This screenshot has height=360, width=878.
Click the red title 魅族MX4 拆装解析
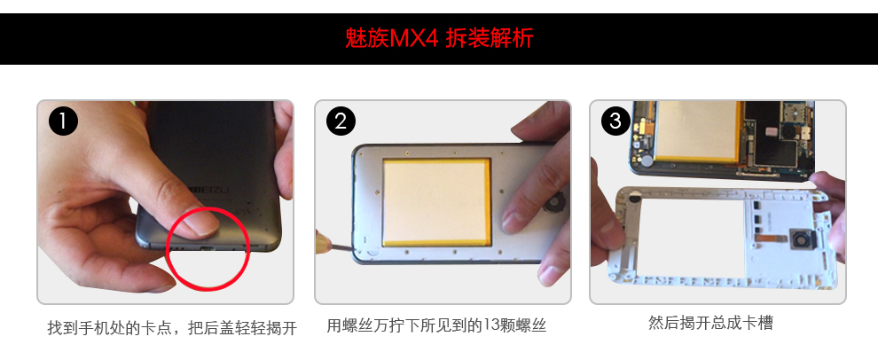coord(439,38)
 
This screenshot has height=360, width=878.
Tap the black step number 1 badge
coord(63,121)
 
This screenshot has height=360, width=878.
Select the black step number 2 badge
coord(341,121)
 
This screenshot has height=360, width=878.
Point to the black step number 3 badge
coord(615,121)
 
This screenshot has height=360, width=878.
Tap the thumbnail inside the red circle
coord(201,222)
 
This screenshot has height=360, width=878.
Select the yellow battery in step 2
coord(436,202)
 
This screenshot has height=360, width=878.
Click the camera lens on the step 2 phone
coord(552,204)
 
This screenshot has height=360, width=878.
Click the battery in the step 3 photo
coord(698,131)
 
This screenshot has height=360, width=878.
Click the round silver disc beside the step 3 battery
coord(647,160)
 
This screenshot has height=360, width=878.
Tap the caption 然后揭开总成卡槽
coord(710,323)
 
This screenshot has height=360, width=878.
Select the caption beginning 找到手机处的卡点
coord(172,328)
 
